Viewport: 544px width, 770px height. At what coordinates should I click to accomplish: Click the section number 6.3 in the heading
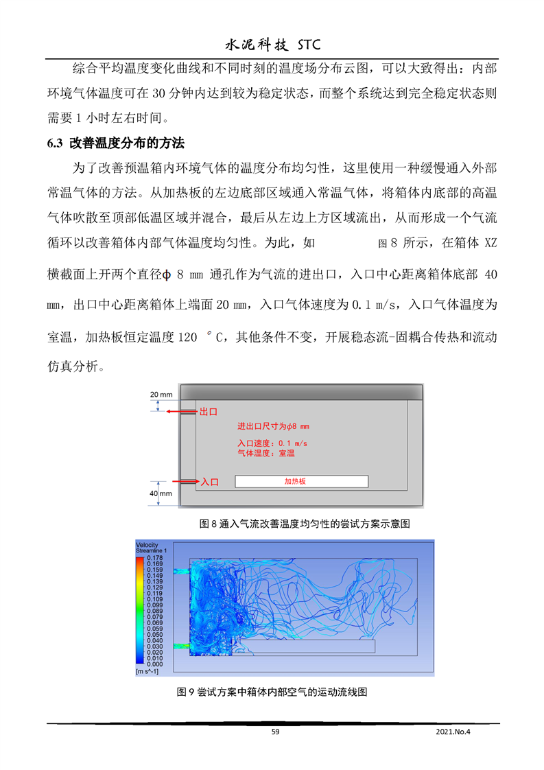tap(54, 144)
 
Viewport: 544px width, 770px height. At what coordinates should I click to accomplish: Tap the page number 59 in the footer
tap(275, 732)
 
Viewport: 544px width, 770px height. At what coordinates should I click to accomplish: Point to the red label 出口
tap(208, 412)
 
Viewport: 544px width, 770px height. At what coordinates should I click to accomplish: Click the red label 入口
tap(209, 482)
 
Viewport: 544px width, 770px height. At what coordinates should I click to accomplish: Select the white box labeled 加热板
tap(301, 482)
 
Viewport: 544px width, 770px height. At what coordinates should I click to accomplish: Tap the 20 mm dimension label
tap(162, 394)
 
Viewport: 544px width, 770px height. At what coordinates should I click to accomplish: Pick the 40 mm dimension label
tap(161, 493)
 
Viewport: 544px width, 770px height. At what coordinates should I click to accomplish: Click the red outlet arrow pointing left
tap(182, 412)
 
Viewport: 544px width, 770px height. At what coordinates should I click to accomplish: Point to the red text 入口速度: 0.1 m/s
tap(272, 443)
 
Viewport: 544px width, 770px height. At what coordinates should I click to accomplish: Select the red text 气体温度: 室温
tap(266, 453)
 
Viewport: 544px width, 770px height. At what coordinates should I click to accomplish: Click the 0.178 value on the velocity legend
tap(154, 559)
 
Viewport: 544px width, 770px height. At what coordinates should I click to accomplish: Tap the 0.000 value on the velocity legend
tap(154, 664)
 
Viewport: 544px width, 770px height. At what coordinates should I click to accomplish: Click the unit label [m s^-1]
tap(148, 670)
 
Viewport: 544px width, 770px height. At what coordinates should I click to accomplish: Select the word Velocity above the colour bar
tap(147, 545)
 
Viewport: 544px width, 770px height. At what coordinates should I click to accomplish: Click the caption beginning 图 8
tap(304, 524)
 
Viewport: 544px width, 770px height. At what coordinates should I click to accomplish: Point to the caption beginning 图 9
tap(272, 692)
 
